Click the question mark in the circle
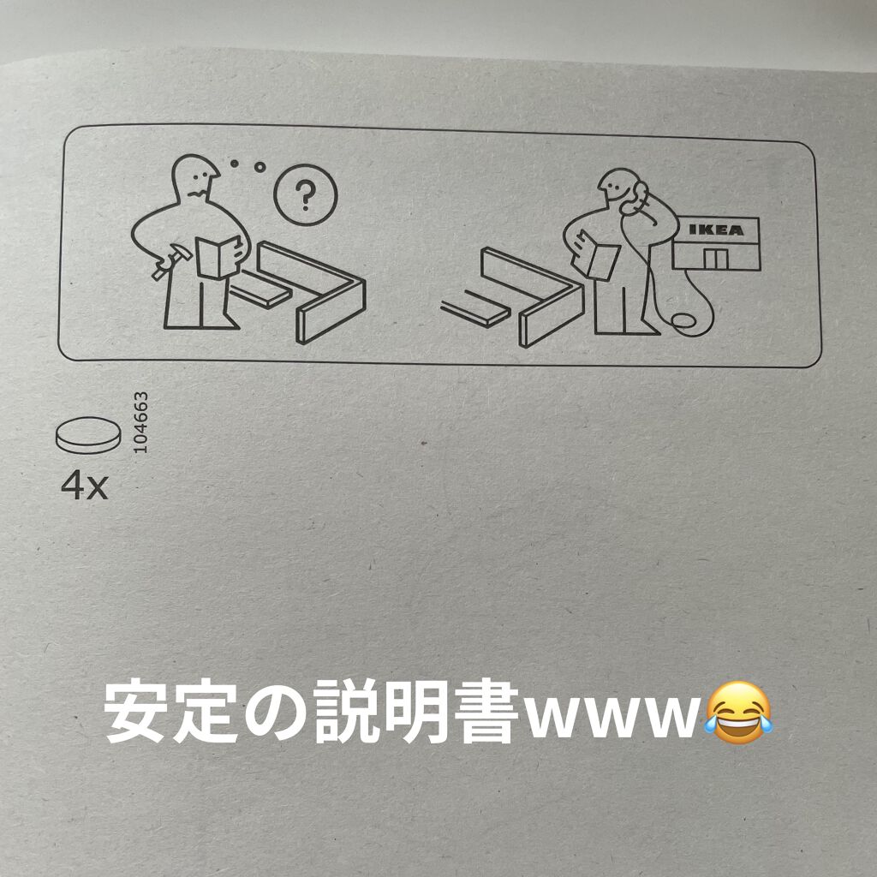(306, 195)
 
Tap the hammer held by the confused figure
(171, 260)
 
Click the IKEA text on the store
(716, 230)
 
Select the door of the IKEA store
(715, 259)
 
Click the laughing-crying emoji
(738, 712)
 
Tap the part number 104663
(141, 422)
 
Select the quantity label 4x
(85, 485)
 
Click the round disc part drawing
(88, 434)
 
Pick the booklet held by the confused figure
(219, 257)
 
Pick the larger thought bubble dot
(260, 167)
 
